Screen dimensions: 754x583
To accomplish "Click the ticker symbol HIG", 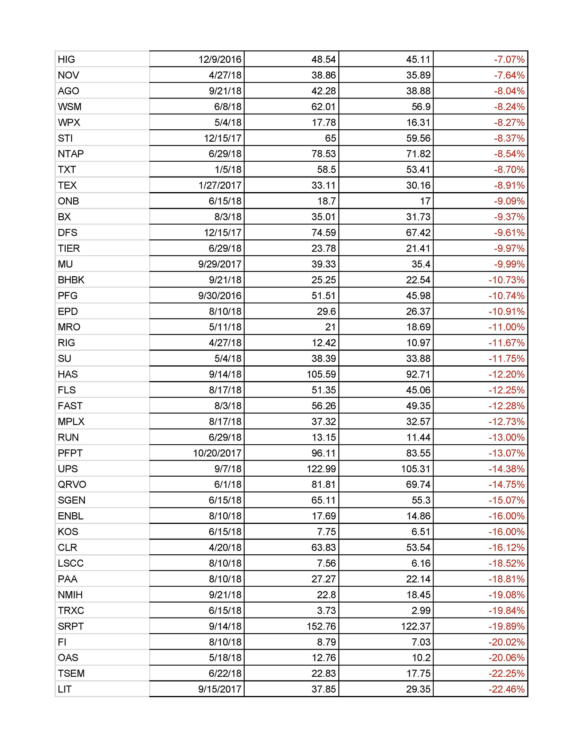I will (x=66, y=60).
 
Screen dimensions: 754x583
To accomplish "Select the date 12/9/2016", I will (x=220, y=60).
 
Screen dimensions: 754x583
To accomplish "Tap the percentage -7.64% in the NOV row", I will (x=509, y=75).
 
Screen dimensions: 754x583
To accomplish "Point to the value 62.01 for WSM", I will (x=324, y=107).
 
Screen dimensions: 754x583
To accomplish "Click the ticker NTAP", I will (x=71, y=154).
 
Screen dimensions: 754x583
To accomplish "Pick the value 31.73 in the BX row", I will (x=418, y=217).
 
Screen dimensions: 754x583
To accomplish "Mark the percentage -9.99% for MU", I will (x=509, y=264).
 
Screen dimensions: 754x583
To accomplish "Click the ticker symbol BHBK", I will (x=71, y=280).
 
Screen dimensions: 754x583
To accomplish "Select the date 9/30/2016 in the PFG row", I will (x=220, y=296).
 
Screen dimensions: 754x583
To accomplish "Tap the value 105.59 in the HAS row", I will (x=321, y=374).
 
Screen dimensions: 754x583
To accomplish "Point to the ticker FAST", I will (x=70, y=406).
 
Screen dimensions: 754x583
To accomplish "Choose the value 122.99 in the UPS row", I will (x=321, y=469).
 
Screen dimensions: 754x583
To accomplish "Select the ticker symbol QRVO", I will (x=72, y=485).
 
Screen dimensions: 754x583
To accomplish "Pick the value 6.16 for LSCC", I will (x=421, y=563).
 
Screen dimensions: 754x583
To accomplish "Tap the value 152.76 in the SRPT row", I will (x=321, y=626).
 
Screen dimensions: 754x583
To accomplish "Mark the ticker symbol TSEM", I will (x=71, y=674).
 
